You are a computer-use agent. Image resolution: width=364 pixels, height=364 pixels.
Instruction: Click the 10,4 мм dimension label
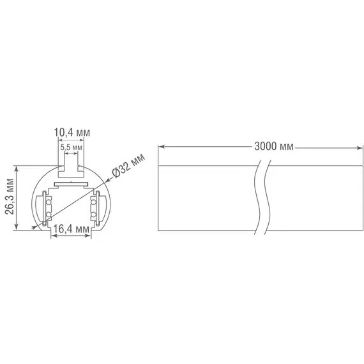point(72,132)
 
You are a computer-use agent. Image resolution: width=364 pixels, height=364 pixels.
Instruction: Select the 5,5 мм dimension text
point(71,147)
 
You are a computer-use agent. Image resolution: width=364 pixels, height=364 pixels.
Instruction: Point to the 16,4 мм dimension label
point(71,229)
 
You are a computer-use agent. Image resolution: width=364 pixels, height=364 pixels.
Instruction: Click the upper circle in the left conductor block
point(47,202)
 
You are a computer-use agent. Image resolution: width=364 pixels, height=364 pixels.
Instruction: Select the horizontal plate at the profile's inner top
point(70,184)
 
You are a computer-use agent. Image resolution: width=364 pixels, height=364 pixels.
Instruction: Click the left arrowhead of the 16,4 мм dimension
point(52,236)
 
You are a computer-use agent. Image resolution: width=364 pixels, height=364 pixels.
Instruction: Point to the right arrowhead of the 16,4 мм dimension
point(89,236)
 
